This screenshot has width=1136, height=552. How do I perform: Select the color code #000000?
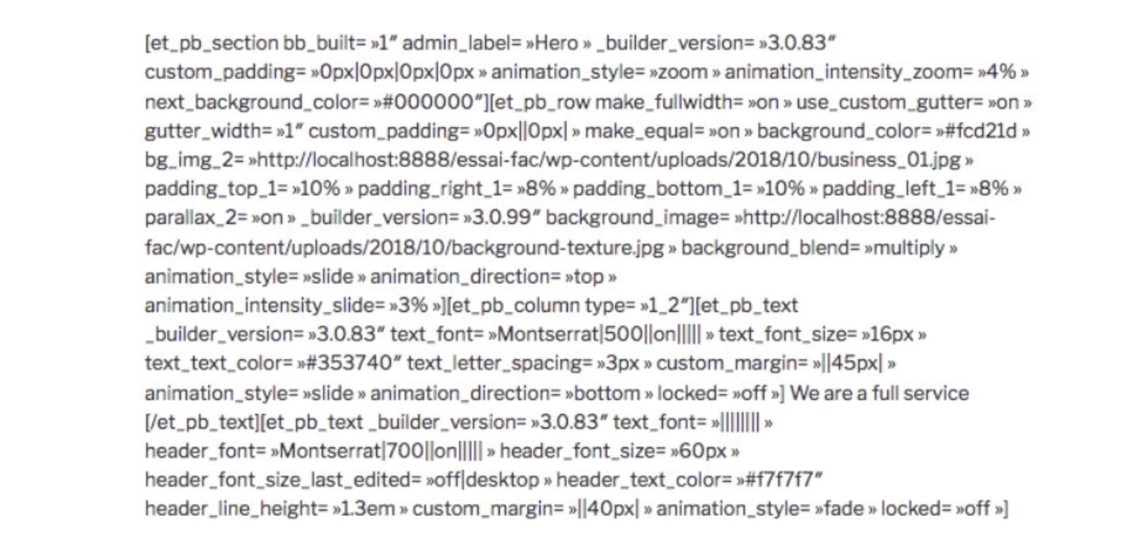pos(429,102)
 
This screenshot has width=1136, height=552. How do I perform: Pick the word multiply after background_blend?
pos(909,248)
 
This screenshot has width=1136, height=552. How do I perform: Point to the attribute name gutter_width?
pos(203,131)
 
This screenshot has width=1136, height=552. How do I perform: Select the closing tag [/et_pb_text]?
pos(203,423)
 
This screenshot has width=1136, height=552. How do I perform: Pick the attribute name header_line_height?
pos(233,509)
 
